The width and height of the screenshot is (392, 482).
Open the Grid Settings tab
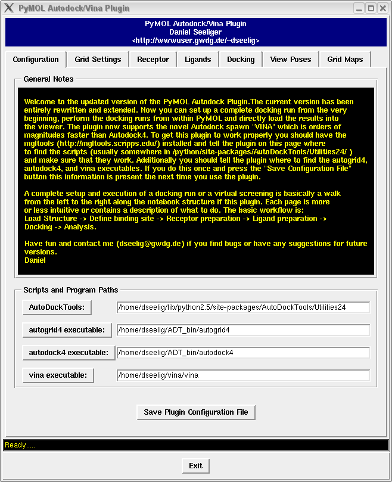tap(98, 60)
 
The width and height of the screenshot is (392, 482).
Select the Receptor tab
tap(153, 60)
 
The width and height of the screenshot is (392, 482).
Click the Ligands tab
tap(198, 60)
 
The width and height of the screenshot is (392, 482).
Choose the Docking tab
tap(241, 60)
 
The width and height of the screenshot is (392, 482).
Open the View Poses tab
tap(290, 60)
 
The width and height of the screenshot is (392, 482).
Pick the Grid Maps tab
tap(345, 60)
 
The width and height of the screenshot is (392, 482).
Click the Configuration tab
tap(36, 60)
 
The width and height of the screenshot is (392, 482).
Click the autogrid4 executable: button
tap(67, 329)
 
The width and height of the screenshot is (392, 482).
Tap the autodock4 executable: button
tap(69, 352)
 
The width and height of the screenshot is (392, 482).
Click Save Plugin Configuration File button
tap(196, 412)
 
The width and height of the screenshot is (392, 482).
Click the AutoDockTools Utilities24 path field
tap(243, 307)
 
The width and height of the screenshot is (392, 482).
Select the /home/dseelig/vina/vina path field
tap(243, 375)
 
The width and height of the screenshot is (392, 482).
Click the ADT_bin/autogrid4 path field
tap(243, 330)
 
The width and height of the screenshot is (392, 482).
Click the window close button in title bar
tap(382, 8)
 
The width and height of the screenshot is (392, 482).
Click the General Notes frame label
tap(48, 79)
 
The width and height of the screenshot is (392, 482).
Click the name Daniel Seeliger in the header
tap(195, 32)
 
